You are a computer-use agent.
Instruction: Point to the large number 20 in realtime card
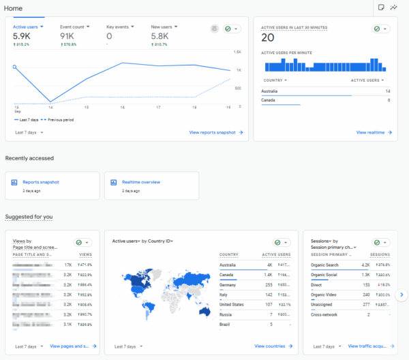(x=267, y=37)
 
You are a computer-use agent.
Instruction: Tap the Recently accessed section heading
(x=29, y=158)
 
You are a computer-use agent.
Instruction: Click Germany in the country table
(x=228, y=284)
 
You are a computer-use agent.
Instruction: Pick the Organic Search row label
(x=324, y=265)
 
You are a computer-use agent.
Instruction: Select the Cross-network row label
(x=324, y=314)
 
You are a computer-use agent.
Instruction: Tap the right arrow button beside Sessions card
(x=402, y=295)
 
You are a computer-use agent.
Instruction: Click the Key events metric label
(x=117, y=27)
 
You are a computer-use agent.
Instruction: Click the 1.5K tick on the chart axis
(x=238, y=52)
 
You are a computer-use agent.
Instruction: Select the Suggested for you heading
(x=29, y=217)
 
